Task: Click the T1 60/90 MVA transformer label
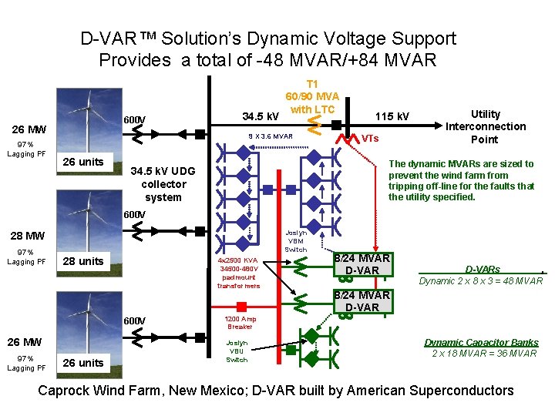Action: click(311, 96)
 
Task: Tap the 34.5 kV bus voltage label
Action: click(261, 116)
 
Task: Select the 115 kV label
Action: click(392, 116)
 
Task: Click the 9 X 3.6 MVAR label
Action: click(270, 136)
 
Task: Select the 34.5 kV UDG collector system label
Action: click(163, 183)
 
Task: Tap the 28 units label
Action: click(82, 260)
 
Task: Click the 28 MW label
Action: click(27, 236)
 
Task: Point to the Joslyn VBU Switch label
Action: click(237, 351)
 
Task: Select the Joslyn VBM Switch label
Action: click(296, 240)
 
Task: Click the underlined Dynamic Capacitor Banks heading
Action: click(481, 342)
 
